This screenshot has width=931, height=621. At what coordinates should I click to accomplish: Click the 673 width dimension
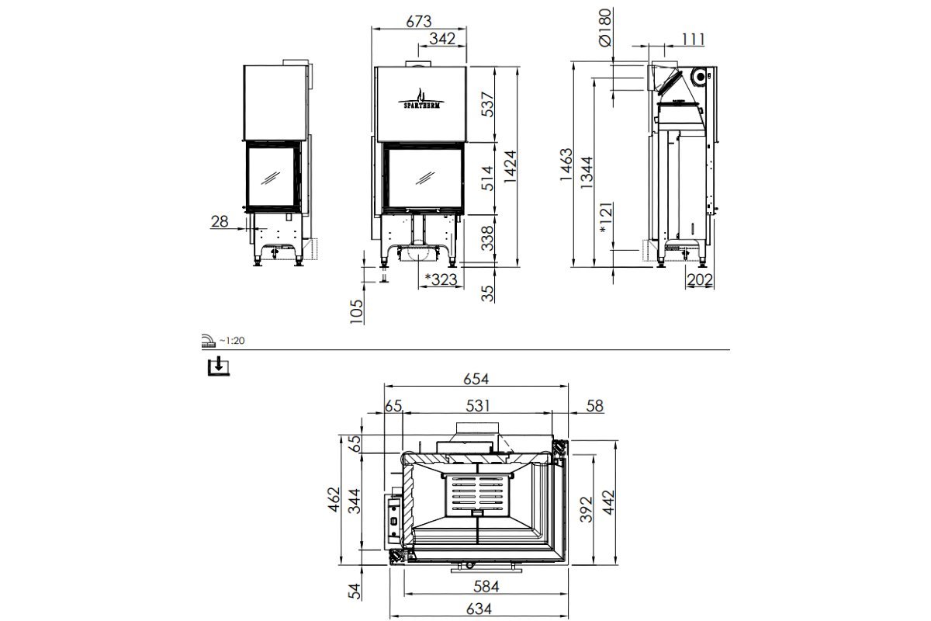pos(419,21)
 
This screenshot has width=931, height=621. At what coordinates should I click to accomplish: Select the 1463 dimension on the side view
pos(566,165)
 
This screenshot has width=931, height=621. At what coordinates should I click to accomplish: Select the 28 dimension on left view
pos(220,222)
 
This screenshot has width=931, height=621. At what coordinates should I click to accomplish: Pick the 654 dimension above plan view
pos(476,379)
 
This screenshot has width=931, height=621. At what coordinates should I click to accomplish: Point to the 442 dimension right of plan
pos(609,505)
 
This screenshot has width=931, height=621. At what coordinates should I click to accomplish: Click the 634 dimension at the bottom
pos(479,609)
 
